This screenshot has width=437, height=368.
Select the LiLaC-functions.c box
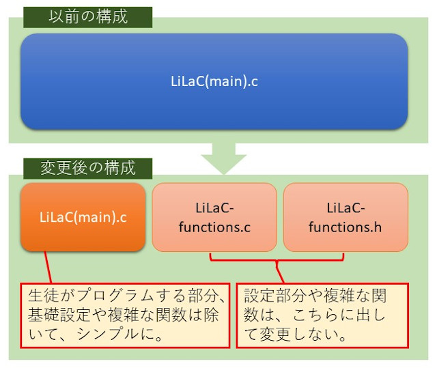214,217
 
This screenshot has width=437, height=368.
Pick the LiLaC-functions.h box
346,217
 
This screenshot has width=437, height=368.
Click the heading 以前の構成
87,17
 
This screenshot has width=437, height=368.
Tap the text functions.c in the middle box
214,227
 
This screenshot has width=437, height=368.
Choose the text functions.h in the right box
346,227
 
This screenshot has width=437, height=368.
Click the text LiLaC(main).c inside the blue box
214,81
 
